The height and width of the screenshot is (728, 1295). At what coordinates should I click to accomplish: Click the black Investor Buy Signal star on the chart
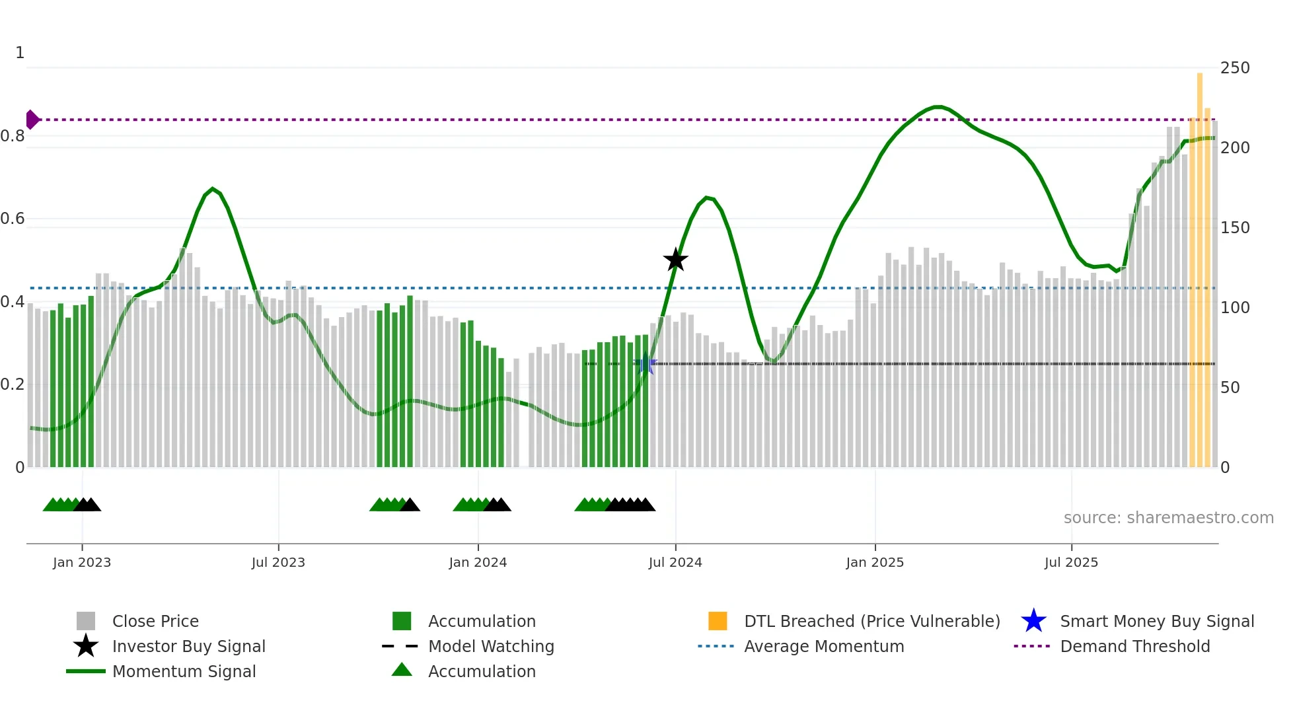tap(675, 260)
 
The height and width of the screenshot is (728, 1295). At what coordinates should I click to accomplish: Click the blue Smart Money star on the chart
tap(646, 363)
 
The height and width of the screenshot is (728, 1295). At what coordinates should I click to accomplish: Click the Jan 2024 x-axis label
tap(478, 562)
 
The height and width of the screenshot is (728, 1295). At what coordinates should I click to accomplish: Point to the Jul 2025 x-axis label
tap(1071, 562)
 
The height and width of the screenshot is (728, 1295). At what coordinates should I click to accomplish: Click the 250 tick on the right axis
tap(1234, 68)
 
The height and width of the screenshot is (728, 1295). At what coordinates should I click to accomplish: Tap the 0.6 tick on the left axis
tap(13, 219)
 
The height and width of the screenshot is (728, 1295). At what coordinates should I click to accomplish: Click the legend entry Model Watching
tap(490, 646)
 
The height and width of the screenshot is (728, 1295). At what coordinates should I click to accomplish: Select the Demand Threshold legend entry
tap(1134, 646)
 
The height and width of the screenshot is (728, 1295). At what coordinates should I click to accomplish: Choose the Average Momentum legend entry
tap(823, 646)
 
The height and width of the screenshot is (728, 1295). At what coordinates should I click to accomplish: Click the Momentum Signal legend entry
tap(184, 671)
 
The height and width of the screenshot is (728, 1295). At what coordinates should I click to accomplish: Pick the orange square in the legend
tap(718, 621)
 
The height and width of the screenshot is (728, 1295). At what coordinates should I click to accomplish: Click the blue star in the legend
tap(1033, 621)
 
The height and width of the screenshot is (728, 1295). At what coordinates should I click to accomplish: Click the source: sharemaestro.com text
tap(1168, 517)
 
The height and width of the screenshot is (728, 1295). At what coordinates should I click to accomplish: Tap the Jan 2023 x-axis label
tap(82, 562)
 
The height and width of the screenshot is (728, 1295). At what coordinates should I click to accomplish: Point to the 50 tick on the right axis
tap(1230, 387)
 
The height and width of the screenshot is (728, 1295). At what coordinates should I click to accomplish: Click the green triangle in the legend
tap(402, 670)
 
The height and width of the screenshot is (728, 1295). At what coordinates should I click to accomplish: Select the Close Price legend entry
tap(155, 621)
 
